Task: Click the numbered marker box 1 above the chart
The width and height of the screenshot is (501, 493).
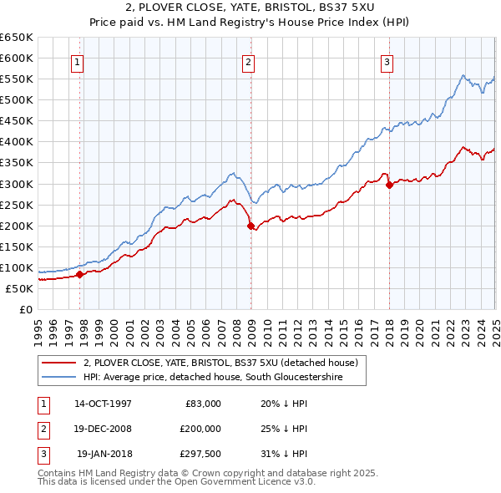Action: point(77,61)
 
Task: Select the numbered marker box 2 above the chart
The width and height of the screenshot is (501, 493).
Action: point(249,61)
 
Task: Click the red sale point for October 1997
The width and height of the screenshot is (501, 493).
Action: point(80,274)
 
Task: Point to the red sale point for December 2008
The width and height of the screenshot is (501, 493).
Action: point(251,225)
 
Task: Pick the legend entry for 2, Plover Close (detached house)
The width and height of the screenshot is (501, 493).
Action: point(220,363)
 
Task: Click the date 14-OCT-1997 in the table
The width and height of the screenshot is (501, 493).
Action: point(103,404)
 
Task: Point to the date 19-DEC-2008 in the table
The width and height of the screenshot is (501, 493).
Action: point(103,429)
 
